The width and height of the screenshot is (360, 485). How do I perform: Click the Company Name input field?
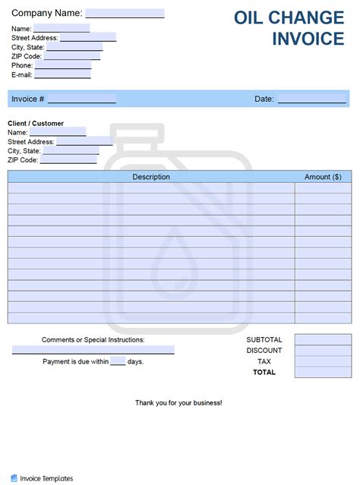pyautogui.click(x=125, y=13)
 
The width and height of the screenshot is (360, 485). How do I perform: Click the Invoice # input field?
pyautogui.click(x=81, y=99)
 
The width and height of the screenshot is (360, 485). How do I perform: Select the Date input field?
pyautogui.click(x=311, y=99)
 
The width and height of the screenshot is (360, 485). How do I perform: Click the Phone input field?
pyautogui.click(x=63, y=65)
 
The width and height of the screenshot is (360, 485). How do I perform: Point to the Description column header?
pyautogui.click(x=151, y=177)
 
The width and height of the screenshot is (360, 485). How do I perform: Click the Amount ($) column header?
pyautogui.click(x=323, y=177)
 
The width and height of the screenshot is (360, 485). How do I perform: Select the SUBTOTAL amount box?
pyautogui.click(x=323, y=339)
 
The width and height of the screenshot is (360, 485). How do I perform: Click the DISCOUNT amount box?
pyautogui.click(x=323, y=351)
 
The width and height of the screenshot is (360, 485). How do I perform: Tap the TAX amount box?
pyautogui.click(x=323, y=361)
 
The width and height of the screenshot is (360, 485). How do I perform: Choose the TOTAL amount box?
pyautogui.click(x=323, y=373)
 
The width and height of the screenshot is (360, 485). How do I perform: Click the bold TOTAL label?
pyautogui.click(x=264, y=373)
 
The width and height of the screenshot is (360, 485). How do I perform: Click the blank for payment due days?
pyautogui.click(x=118, y=361)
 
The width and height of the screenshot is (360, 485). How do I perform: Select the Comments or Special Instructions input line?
pyautogui.click(x=93, y=350)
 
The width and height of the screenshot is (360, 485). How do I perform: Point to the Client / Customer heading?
pyautogui.click(x=36, y=123)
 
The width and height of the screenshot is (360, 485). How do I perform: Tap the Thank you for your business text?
pyautogui.click(x=178, y=402)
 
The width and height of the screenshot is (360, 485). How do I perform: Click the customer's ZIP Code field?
pyautogui.click(x=68, y=159)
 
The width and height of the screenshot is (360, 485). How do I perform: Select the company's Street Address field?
pyautogui.click(x=87, y=37)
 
